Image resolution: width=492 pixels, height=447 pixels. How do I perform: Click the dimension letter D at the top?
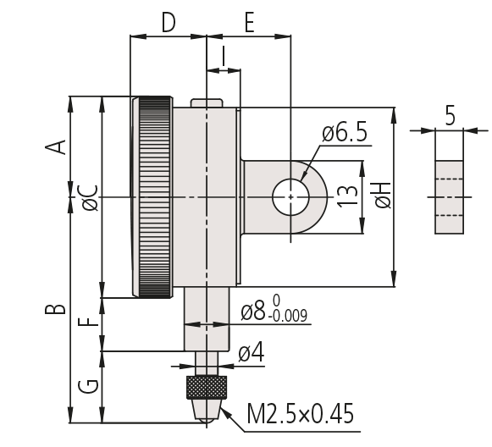pyautogui.click(x=169, y=23)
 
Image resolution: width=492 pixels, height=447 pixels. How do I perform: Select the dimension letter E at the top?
pyautogui.click(x=249, y=23)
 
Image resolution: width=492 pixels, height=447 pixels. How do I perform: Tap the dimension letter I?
pyautogui.click(x=223, y=56)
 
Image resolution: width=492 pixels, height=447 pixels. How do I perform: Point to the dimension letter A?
pyautogui.click(x=56, y=147)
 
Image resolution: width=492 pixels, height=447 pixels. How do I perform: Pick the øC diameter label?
pyautogui.click(x=90, y=198)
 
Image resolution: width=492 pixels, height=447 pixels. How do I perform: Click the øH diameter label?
pyautogui.click(x=383, y=195)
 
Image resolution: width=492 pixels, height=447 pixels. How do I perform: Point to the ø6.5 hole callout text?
pyautogui.click(x=344, y=133)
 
